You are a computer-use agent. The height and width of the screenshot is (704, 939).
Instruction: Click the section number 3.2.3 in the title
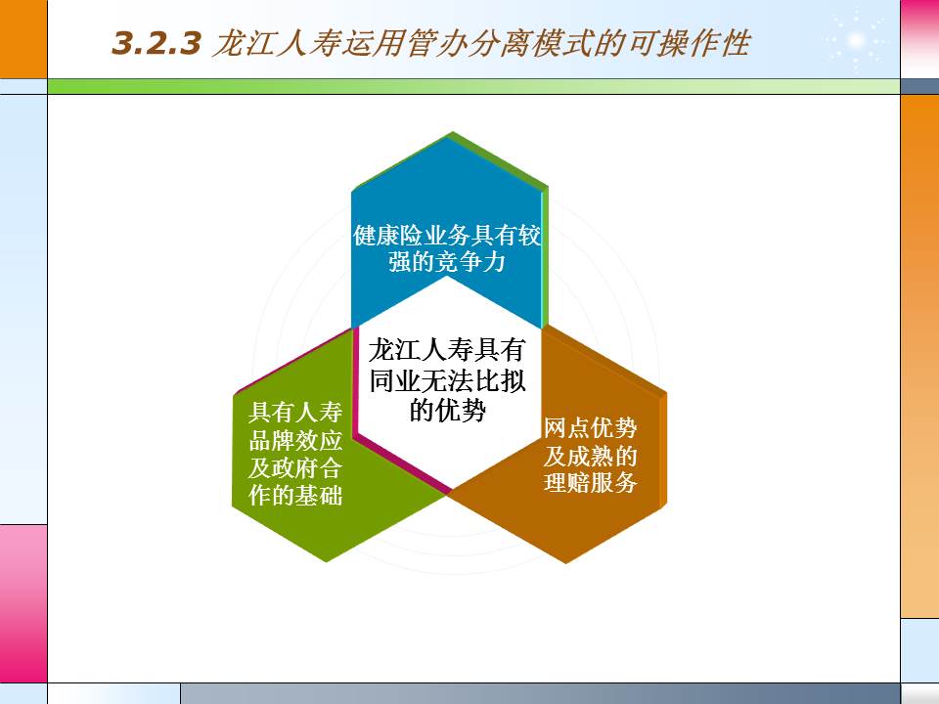point(156,44)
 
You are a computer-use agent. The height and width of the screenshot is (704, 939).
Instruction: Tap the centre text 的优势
point(447,411)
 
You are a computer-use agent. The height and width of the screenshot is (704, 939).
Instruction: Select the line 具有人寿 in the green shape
point(295,414)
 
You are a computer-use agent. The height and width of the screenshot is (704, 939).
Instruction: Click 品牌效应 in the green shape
point(295,441)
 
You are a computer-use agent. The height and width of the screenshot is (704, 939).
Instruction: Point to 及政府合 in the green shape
point(295,468)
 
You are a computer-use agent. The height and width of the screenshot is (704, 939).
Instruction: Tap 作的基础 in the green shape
point(295,496)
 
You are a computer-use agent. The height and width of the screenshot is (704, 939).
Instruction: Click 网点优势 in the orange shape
point(591,428)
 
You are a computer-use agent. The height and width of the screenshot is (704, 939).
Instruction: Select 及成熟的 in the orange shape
point(591,456)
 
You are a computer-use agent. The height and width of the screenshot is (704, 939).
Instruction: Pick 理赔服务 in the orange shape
point(591,483)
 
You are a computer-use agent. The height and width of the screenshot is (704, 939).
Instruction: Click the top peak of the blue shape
point(451,135)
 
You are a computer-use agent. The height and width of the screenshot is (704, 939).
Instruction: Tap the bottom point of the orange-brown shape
point(566,561)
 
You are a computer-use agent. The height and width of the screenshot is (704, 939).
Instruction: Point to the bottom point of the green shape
point(326,560)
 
